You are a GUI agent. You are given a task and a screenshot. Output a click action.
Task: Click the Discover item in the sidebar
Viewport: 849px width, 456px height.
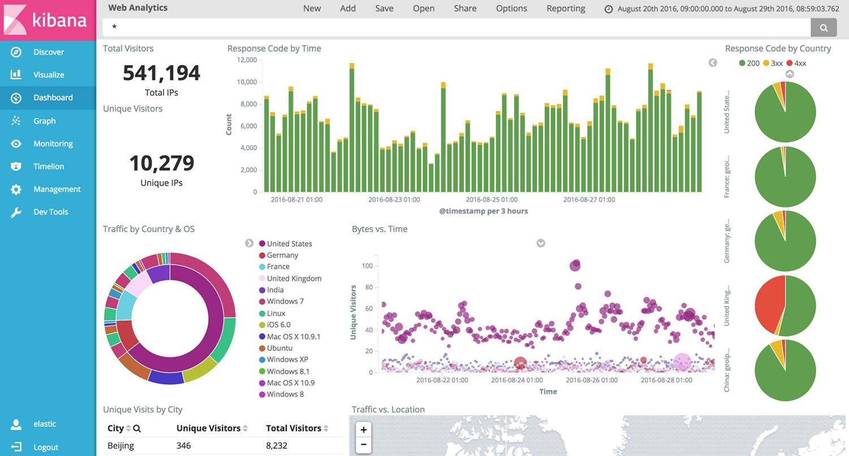(48, 52)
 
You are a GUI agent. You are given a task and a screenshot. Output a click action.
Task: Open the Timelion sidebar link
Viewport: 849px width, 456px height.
(48, 166)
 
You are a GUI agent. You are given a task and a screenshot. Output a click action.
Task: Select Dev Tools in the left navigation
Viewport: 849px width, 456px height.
(50, 212)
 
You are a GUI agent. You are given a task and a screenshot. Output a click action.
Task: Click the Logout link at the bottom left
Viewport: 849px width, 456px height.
(45, 447)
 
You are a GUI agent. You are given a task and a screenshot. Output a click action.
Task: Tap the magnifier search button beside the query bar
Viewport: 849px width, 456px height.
(824, 27)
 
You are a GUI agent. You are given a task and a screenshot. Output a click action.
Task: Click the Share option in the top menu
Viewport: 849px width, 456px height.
(465, 8)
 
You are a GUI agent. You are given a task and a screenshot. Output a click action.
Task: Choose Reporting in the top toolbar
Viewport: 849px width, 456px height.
(565, 8)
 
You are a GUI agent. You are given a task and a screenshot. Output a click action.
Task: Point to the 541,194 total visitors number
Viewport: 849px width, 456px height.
(161, 73)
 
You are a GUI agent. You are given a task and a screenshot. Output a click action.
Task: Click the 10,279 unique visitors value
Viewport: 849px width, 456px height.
(161, 163)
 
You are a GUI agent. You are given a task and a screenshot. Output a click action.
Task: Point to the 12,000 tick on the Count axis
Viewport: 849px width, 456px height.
(247, 60)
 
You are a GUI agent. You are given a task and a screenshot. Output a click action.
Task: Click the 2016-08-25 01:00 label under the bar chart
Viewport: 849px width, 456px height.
(491, 200)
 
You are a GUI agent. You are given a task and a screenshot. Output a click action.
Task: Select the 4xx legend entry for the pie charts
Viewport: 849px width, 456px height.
(800, 63)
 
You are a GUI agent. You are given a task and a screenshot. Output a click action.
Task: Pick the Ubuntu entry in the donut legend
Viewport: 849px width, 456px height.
(280, 348)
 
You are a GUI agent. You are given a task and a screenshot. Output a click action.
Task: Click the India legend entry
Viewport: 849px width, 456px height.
(275, 290)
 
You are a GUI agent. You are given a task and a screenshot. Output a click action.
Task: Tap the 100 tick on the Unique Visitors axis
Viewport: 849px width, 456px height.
(367, 265)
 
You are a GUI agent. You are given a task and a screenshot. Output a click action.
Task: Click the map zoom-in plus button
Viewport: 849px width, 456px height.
(364, 429)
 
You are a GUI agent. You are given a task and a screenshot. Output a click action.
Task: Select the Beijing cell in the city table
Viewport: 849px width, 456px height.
(121, 446)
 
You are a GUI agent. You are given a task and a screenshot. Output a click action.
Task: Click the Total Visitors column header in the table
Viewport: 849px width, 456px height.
(293, 428)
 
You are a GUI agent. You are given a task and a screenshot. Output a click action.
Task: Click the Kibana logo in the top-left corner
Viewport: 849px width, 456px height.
(48, 20)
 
